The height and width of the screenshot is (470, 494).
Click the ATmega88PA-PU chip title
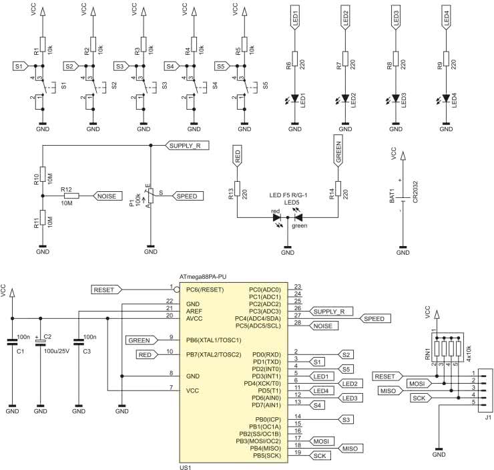pyautogui.click(x=208, y=276)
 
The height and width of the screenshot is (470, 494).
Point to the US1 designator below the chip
pyautogui.click(x=186, y=467)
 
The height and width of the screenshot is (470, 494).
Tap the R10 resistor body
pyautogui.click(x=42, y=172)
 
